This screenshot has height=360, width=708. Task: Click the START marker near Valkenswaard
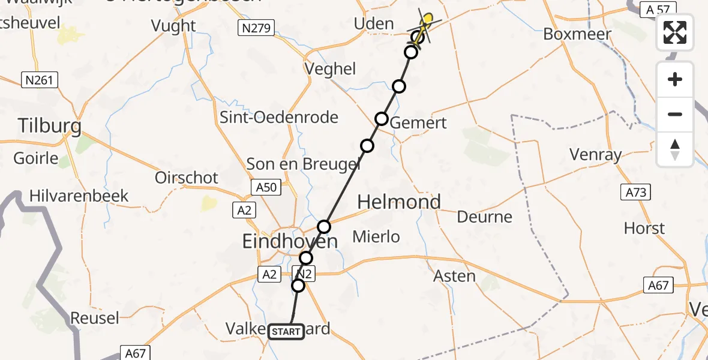click(x=286, y=331)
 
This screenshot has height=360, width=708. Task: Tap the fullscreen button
click(x=675, y=32)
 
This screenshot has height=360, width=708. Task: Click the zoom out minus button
click(x=675, y=114)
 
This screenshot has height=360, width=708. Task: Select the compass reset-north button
click(x=675, y=149)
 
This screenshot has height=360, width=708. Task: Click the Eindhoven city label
click(x=289, y=242)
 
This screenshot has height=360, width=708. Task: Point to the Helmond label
click(x=399, y=202)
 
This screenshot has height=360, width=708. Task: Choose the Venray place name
click(x=595, y=155)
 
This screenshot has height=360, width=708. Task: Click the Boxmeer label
click(x=577, y=34)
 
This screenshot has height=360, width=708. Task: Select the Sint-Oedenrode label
click(x=279, y=117)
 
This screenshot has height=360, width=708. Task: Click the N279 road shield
click(x=255, y=28)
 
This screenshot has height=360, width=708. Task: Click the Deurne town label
click(x=485, y=217)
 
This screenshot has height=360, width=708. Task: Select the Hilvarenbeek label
click(x=79, y=196)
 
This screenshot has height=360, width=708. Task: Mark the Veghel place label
click(x=331, y=69)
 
